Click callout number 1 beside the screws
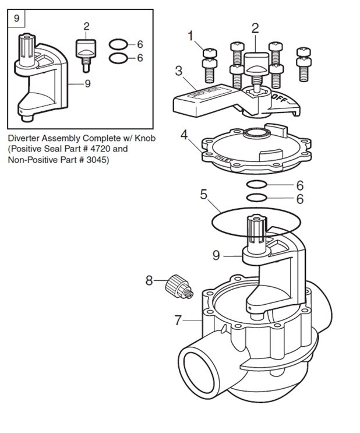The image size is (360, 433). (x=190, y=37)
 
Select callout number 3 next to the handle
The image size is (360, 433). (x=179, y=72)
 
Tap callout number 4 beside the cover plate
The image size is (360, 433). (x=184, y=136)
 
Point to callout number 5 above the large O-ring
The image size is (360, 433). (x=203, y=195)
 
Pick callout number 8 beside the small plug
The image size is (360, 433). (x=149, y=281)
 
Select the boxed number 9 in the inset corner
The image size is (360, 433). (x=16, y=19)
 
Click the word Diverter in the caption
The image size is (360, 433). (x=24, y=139)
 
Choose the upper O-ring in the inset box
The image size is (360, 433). (x=119, y=44)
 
